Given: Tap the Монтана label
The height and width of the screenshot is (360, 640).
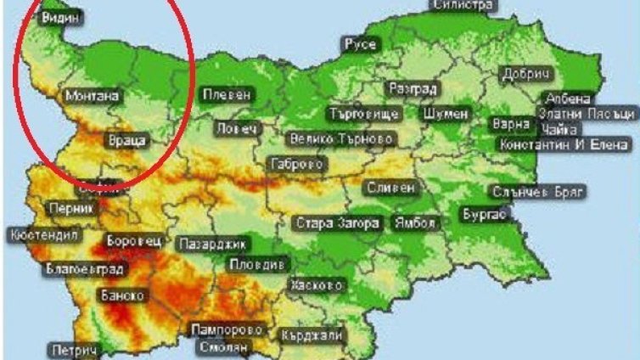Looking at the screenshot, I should click(91, 96).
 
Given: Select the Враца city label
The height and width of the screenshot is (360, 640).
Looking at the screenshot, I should click(128, 138).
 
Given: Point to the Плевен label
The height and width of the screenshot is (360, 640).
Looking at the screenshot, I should click(227, 94).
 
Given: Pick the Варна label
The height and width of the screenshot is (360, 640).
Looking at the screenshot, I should click(510, 124).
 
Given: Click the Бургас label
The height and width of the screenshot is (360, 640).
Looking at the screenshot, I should click(485, 215).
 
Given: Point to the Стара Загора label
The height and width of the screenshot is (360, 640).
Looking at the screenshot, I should click(336, 223).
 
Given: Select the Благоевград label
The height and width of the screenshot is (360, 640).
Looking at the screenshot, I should click(84, 270).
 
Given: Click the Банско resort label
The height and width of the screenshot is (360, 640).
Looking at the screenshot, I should click(123, 295).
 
